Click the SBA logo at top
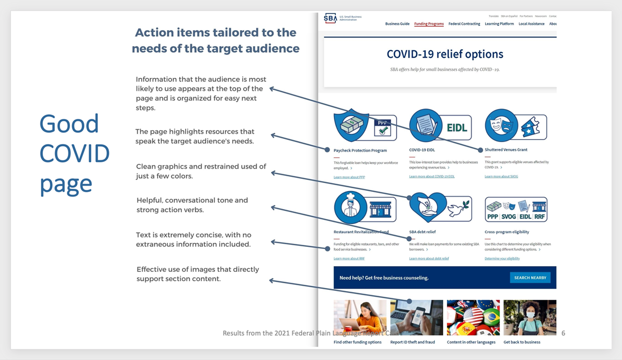(331, 19)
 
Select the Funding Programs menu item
(429, 24)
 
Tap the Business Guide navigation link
(398, 24)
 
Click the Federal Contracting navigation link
(464, 24)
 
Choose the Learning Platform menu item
(499, 24)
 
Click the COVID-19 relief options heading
(445, 54)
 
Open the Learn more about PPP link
(349, 177)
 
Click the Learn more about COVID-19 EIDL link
(432, 177)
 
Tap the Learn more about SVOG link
(501, 177)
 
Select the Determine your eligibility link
(502, 258)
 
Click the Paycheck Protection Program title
(360, 150)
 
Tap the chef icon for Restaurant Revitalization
(350, 207)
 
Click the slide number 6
(563, 333)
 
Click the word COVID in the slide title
(75, 154)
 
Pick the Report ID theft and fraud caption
(413, 342)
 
